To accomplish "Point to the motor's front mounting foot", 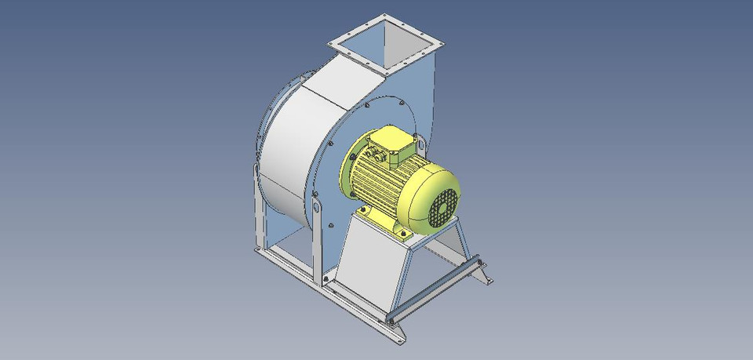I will tap(402, 233).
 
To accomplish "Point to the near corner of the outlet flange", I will tap(387, 71).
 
